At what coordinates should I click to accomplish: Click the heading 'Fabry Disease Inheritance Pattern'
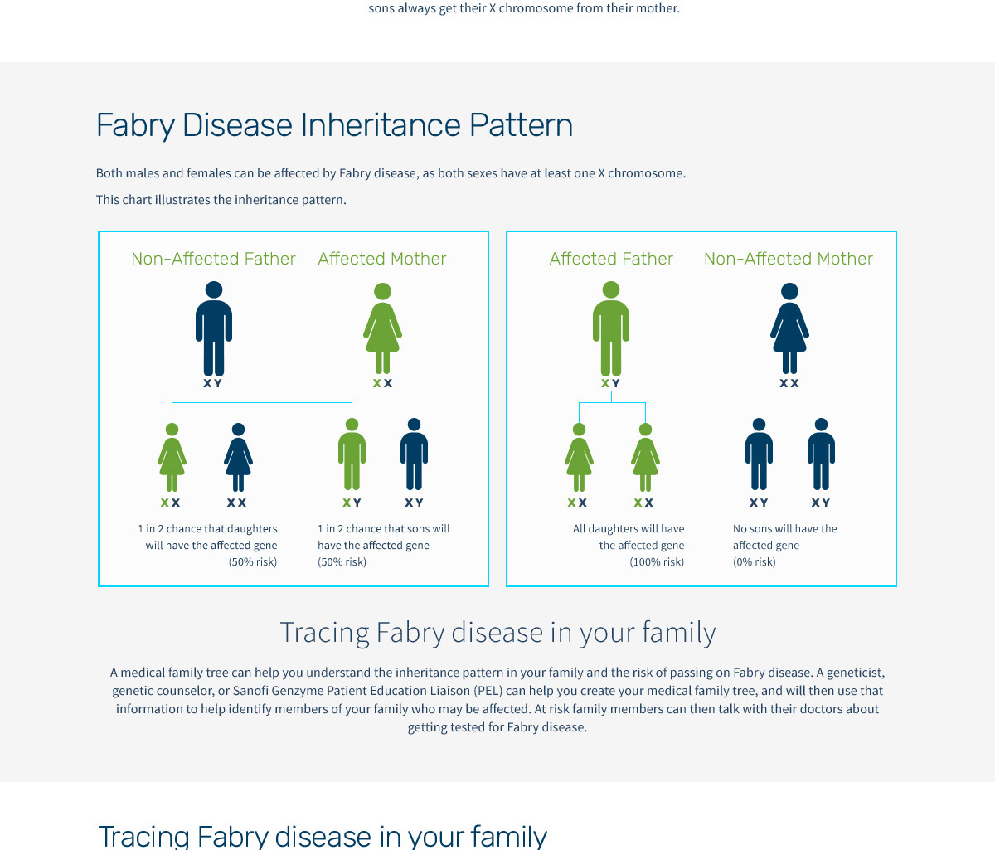point(334,125)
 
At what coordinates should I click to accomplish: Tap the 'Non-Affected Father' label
point(213,259)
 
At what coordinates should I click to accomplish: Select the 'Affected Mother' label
point(382,259)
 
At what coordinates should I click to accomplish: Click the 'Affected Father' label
point(611,259)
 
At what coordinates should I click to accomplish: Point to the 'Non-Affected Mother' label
point(789,259)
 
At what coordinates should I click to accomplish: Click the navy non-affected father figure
point(214,328)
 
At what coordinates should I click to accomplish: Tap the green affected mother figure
point(382,328)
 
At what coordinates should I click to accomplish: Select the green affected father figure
point(611,328)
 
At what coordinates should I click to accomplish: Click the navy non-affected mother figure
point(789,328)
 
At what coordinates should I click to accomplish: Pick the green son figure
point(352,454)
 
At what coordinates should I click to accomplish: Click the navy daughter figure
point(238,457)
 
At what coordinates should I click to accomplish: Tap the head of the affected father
point(611,289)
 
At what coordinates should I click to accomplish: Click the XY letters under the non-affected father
point(212,383)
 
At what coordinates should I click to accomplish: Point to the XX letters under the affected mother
point(383,383)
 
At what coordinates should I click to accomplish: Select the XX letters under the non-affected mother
point(789,383)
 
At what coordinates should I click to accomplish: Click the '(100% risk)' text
point(657,561)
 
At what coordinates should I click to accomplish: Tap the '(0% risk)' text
point(755,561)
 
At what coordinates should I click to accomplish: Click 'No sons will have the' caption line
point(785,528)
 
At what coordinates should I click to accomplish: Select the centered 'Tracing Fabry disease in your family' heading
point(498,633)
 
